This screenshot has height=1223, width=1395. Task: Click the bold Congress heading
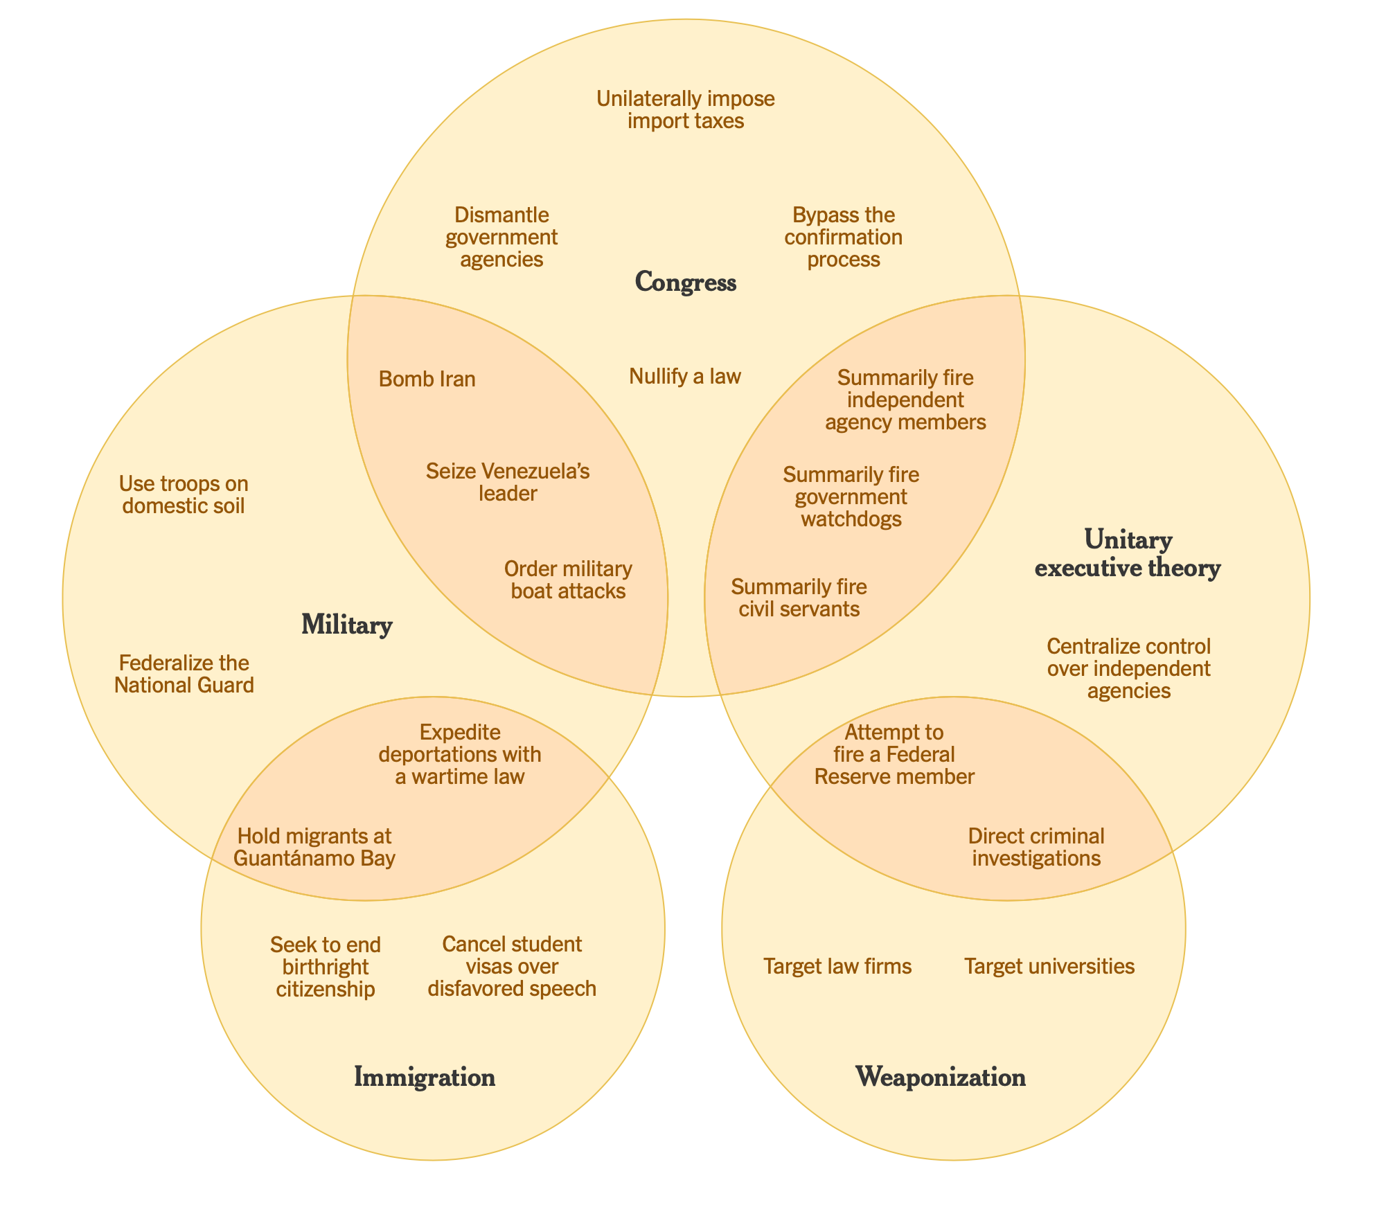pyautogui.click(x=685, y=283)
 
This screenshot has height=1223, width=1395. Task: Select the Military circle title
pyautogui.click(x=347, y=625)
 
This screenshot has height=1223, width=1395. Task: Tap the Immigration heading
pyautogui.click(x=425, y=1077)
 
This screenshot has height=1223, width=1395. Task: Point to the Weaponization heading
pyautogui.click(x=941, y=1077)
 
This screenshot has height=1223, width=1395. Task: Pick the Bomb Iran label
pyautogui.click(x=427, y=379)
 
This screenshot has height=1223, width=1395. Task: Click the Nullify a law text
pyautogui.click(x=685, y=376)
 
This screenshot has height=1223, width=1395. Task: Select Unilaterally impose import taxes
pyautogui.click(x=685, y=110)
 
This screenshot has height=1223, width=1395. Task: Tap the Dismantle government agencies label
pyautogui.click(x=501, y=237)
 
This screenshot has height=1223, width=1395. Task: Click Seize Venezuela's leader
pyautogui.click(x=508, y=483)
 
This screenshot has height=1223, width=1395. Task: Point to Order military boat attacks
pyautogui.click(x=568, y=580)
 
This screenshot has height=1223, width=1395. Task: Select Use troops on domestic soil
pyautogui.click(x=184, y=494)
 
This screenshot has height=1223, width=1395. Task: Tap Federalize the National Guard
pyautogui.click(x=184, y=674)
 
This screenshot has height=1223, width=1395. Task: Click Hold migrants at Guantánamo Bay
pyautogui.click(x=315, y=847)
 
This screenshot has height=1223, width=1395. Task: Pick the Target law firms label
pyautogui.click(x=837, y=966)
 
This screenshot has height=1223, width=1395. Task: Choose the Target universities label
pyautogui.click(x=1049, y=966)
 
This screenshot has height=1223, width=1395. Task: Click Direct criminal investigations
pyautogui.click(x=1036, y=847)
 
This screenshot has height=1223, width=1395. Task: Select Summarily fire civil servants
pyautogui.click(x=799, y=598)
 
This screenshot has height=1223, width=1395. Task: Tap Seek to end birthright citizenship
pyautogui.click(x=326, y=966)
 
